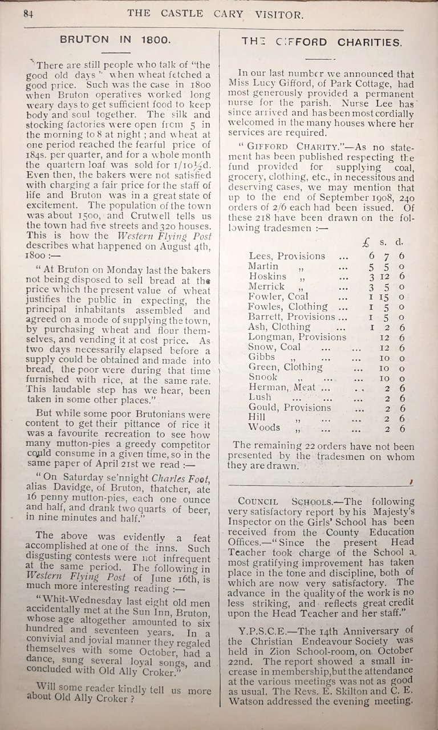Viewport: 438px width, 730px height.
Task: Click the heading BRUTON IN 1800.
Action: (x=115, y=40)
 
